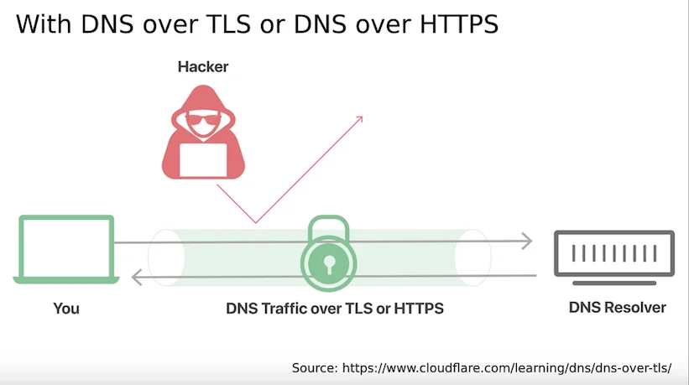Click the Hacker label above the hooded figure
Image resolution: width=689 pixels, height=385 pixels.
(203, 67)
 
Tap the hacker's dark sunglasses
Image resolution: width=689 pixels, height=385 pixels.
(203, 118)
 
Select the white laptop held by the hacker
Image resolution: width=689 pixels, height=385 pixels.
(203, 160)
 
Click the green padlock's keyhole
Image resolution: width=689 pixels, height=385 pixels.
(329, 264)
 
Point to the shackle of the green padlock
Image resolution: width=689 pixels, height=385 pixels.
(329, 220)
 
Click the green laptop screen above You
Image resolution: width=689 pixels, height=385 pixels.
(66, 247)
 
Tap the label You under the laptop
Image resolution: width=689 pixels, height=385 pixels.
(66, 309)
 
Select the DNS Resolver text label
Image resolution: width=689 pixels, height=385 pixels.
(618, 308)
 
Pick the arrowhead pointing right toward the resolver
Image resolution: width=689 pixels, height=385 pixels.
(527, 241)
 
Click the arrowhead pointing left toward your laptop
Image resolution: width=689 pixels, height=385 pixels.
(137, 277)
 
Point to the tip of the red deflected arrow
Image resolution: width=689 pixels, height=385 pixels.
(363, 117)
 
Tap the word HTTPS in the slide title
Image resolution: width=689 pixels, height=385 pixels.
(459, 24)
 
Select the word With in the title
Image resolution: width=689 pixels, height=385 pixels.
(44, 24)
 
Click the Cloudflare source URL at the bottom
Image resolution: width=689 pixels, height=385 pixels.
(507, 368)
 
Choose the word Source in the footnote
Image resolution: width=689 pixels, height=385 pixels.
(315, 368)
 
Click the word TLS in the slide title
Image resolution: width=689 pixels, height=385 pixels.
(229, 24)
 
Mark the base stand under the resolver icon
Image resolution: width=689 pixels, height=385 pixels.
(614, 284)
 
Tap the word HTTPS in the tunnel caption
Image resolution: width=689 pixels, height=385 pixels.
(419, 309)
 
